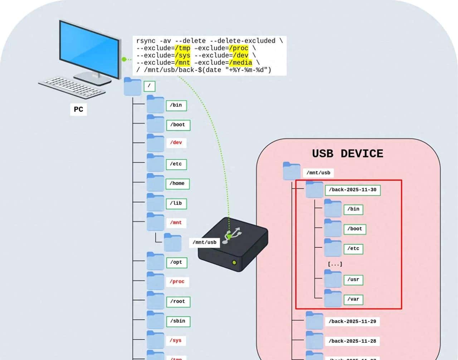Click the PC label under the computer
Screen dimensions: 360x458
point(78,109)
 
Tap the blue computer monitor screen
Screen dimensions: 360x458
point(89,47)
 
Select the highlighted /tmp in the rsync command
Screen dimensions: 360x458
point(182,48)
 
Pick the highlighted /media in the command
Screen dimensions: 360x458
point(240,63)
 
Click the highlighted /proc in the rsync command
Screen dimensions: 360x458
point(239,48)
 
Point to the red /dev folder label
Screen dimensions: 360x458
point(176,143)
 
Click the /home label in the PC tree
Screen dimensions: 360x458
point(177,183)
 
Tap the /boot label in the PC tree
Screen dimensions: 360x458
point(178,125)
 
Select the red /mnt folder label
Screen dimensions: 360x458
point(176,222)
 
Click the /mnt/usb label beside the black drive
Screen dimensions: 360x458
point(204,242)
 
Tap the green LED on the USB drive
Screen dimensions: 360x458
point(234,263)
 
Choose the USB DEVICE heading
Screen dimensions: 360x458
point(347,154)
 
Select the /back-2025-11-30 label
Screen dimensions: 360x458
point(352,190)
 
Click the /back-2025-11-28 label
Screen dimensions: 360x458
point(352,341)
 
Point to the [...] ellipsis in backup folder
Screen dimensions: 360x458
point(335,264)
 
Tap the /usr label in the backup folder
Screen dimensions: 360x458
point(353,280)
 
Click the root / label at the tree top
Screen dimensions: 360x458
point(149,86)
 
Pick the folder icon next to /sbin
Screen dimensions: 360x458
point(155,320)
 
